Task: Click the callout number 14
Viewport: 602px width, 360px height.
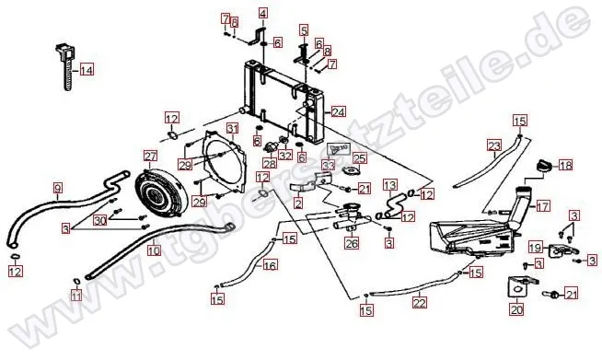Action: tap(87, 70)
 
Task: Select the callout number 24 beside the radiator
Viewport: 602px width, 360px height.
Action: tap(338, 111)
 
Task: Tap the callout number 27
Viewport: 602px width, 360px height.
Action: tap(151, 157)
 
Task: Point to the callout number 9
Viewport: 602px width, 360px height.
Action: tap(58, 188)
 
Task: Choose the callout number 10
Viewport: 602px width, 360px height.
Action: tap(154, 250)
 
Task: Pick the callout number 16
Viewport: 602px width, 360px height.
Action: tap(271, 265)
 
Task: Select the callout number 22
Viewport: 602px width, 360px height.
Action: tap(419, 303)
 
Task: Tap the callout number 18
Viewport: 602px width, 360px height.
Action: tap(565, 165)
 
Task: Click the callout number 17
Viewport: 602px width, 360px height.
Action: tap(542, 206)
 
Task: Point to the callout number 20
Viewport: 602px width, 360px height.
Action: tap(516, 309)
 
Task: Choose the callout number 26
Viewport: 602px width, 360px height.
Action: tap(352, 243)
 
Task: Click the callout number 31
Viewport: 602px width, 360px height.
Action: tap(232, 128)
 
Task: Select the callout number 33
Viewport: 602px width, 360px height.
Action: tap(329, 165)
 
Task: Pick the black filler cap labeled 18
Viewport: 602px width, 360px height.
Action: tap(543, 165)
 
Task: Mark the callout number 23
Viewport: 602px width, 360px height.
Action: tap(494, 146)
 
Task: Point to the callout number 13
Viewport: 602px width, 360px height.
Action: tap(389, 186)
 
